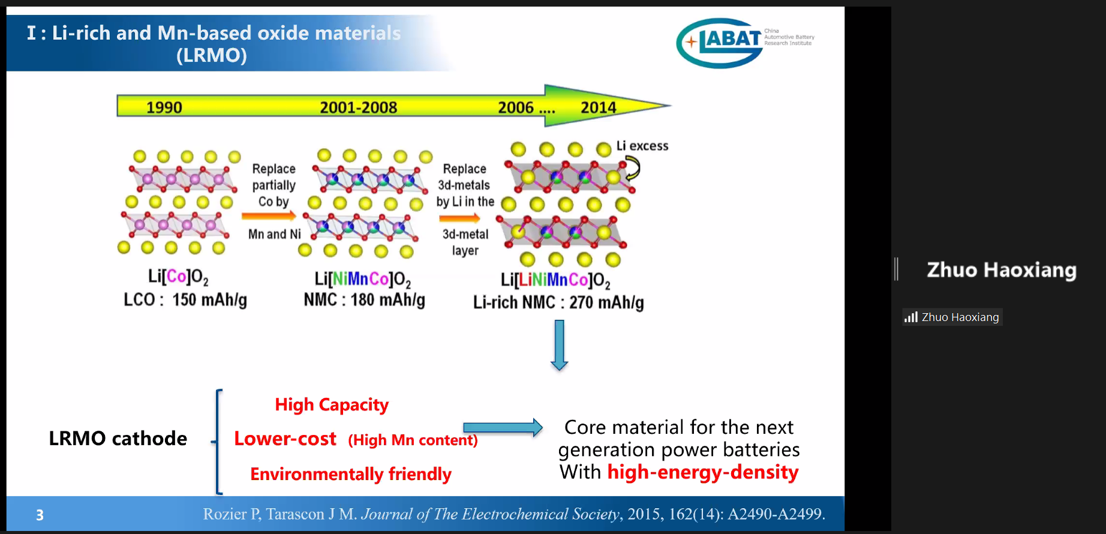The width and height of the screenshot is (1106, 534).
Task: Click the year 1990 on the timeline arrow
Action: pos(164,107)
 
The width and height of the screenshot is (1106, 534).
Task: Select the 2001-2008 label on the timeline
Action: pos(358,107)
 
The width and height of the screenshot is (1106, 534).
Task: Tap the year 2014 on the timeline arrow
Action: pos(598,107)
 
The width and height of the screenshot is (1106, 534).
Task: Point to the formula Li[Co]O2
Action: pos(178,277)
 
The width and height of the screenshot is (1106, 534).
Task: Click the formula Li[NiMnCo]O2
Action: pos(363,280)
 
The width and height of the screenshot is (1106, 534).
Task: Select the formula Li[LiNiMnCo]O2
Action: pos(555,281)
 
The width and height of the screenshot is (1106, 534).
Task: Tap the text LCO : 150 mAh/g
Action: pos(185,299)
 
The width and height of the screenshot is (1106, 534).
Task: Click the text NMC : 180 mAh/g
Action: pos(364,299)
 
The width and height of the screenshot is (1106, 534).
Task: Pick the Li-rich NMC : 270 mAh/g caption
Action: pos(558,302)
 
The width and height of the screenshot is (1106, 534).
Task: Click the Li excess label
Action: pos(642,146)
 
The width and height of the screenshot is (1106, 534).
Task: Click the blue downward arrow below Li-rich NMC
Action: pos(559,345)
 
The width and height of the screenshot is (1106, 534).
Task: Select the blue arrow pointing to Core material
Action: pos(503,427)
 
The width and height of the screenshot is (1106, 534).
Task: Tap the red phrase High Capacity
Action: pos(332,405)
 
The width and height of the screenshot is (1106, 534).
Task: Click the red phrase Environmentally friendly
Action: pos(351,474)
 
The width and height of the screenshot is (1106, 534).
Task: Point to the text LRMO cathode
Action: pos(118,439)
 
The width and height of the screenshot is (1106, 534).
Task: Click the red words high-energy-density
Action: pos(703,472)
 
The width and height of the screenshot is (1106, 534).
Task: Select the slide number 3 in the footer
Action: pos(40,515)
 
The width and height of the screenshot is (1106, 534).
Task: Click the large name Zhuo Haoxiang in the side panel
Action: pos(1002,270)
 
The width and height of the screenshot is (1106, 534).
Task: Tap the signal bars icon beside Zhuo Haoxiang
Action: pos(911,317)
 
